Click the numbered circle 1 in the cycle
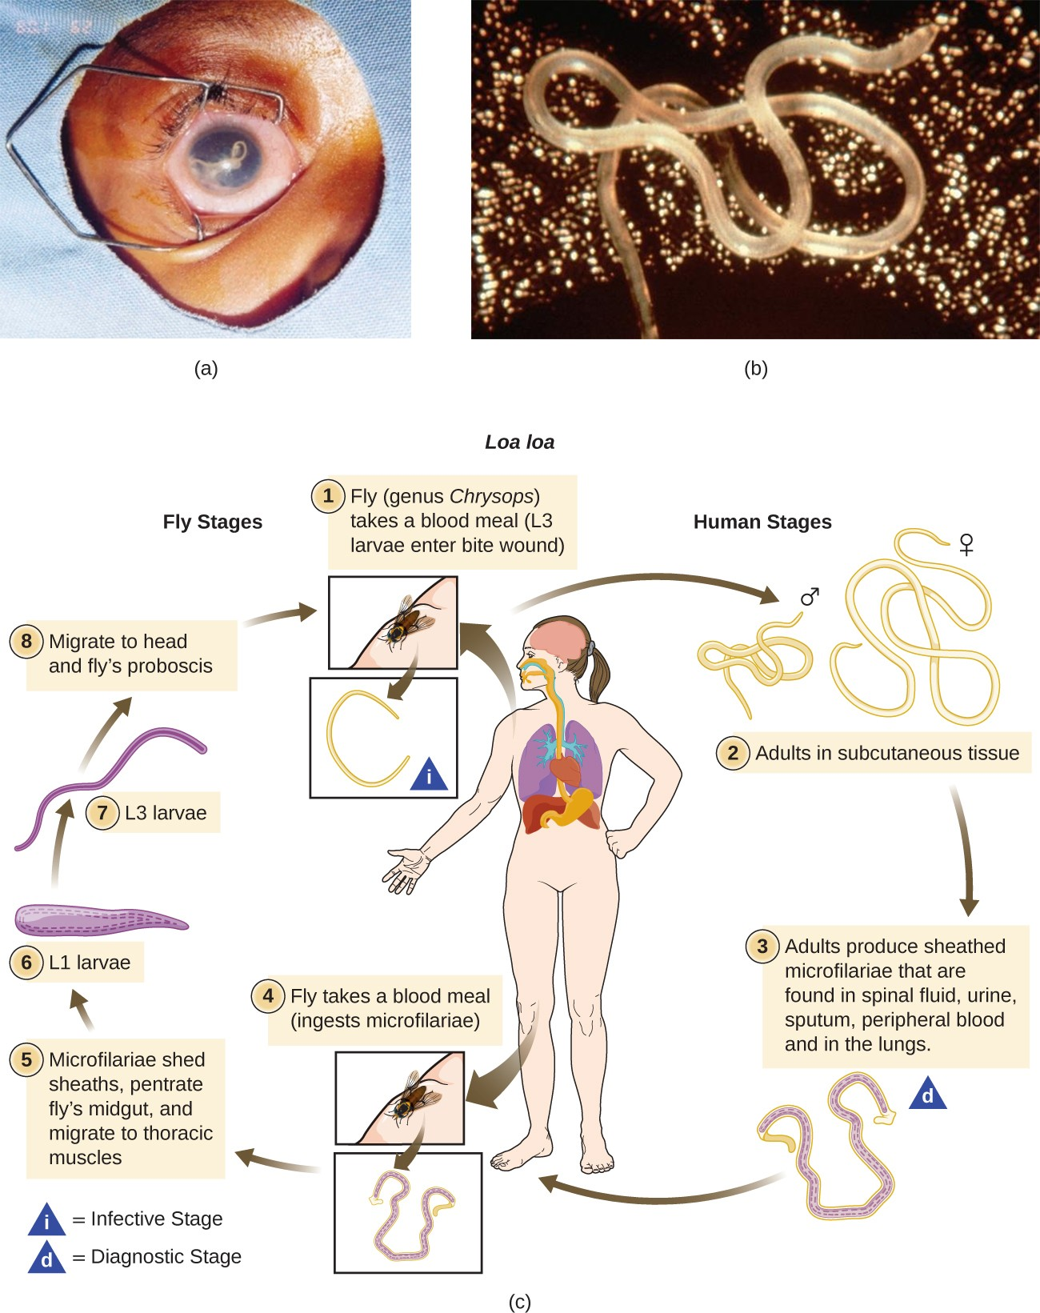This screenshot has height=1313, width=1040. pyautogui.click(x=327, y=496)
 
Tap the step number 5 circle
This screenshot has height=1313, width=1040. pyautogui.click(x=26, y=1060)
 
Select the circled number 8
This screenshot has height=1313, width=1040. pyautogui.click(x=26, y=642)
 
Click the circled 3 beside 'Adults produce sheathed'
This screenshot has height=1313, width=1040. pyautogui.click(x=762, y=947)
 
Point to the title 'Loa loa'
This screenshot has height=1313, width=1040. pyautogui.click(x=519, y=442)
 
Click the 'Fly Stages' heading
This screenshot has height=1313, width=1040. pyautogui.click(x=212, y=522)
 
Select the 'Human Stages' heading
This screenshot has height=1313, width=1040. pyautogui.click(x=762, y=522)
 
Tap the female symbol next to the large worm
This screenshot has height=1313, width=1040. pyautogui.click(x=966, y=545)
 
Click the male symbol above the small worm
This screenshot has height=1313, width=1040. pyautogui.click(x=810, y=597)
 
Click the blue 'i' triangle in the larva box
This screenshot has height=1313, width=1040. pyautogui.click(x=429, y=775)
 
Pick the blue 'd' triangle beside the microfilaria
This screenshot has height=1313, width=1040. pyautogui.click(x=928, y=1094)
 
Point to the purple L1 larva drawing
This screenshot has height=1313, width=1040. pyautogui.click(x=100, y=919)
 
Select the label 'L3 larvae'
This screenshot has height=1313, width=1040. pyautogui.click(x=166, y=813)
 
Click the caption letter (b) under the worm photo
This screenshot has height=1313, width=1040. pyautogui.click(x=755, y=368)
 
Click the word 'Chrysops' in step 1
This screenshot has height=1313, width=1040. pyautogui.click(x=490, y=496)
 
